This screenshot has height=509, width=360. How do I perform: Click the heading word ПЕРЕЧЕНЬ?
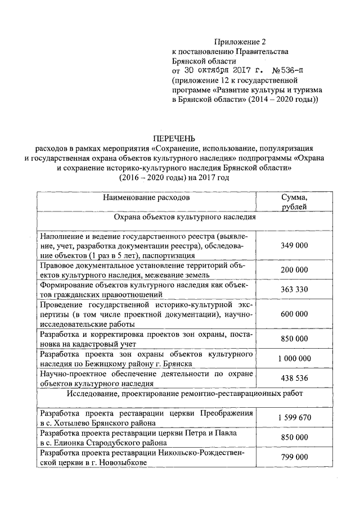179,138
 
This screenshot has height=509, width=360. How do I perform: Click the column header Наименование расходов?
146,198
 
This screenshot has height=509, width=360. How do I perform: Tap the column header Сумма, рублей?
294,202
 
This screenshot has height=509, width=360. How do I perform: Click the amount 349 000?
294,246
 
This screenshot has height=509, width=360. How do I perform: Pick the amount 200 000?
294,270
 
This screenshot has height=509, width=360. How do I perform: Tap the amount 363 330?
294,289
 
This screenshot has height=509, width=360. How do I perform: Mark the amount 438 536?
294,378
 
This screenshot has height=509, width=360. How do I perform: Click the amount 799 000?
294,457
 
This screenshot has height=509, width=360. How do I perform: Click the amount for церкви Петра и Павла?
294,437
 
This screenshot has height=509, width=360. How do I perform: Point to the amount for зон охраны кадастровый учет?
294,339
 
